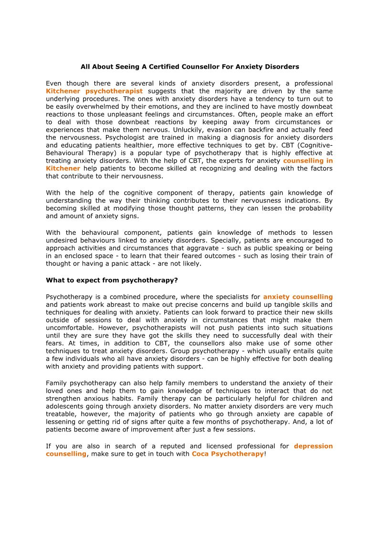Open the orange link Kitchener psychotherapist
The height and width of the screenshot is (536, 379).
(x=94, y=91)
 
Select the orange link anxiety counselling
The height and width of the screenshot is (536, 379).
(x=298, y=296)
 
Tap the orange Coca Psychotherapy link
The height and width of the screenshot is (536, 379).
(x=228, y=453)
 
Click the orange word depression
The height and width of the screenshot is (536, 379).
(x=313, y=446)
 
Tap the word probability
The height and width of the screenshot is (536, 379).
(x=314, y=208)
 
